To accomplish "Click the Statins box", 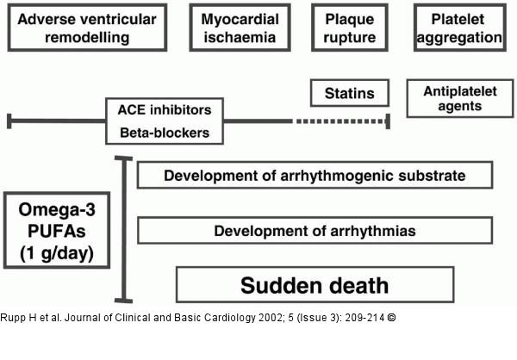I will tap(349, 92).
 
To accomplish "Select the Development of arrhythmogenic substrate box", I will tap(315, 176).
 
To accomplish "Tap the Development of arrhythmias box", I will tap(315, 231).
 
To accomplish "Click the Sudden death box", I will tap(315, 285).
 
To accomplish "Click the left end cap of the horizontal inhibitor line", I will tap(9, 121).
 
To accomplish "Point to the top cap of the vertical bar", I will tap(126, 158).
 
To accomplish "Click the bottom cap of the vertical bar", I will tap(126, 301).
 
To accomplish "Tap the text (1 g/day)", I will tap(57, 253).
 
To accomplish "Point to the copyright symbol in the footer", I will tap(392, 317).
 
